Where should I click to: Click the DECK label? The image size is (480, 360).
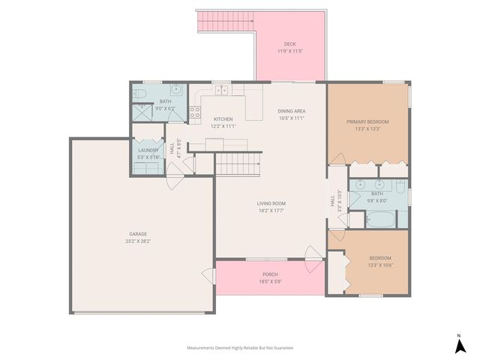click(290, 43)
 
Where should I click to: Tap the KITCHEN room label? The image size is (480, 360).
click(223, 119)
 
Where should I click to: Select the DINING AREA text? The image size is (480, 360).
click(292, 111)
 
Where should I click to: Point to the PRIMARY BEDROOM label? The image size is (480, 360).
click(367, 121)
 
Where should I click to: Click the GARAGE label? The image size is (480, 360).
click(137, 233)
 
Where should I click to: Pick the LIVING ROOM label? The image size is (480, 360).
click(271, 203)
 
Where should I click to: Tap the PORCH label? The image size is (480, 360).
click(270, 274)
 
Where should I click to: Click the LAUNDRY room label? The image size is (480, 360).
click(147, 150)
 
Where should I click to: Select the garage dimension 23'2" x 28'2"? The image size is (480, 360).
click(137, 241)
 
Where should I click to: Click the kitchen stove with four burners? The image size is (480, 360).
click(194, 113)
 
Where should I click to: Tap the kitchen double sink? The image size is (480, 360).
click(222, 91)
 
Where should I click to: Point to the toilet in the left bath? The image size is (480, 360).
click(140, 94)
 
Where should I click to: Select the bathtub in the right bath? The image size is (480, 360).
click(381, 220)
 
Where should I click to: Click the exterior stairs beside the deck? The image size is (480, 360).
click(226, 23)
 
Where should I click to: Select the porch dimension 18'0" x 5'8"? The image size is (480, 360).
click(270, 281)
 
